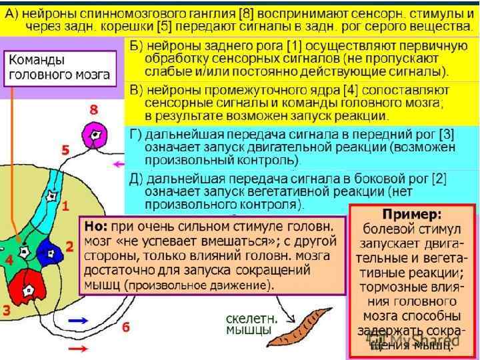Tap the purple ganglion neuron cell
[x=99, y=135]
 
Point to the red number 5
[x=66, y=151]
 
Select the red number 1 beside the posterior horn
[x=66, y=207]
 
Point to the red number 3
[x=6, y=310]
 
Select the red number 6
[x=125, y=327]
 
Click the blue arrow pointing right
[x=79, y=321]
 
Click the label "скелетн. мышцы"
[x=248, y=323]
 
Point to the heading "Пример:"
[x=411, y=215]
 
